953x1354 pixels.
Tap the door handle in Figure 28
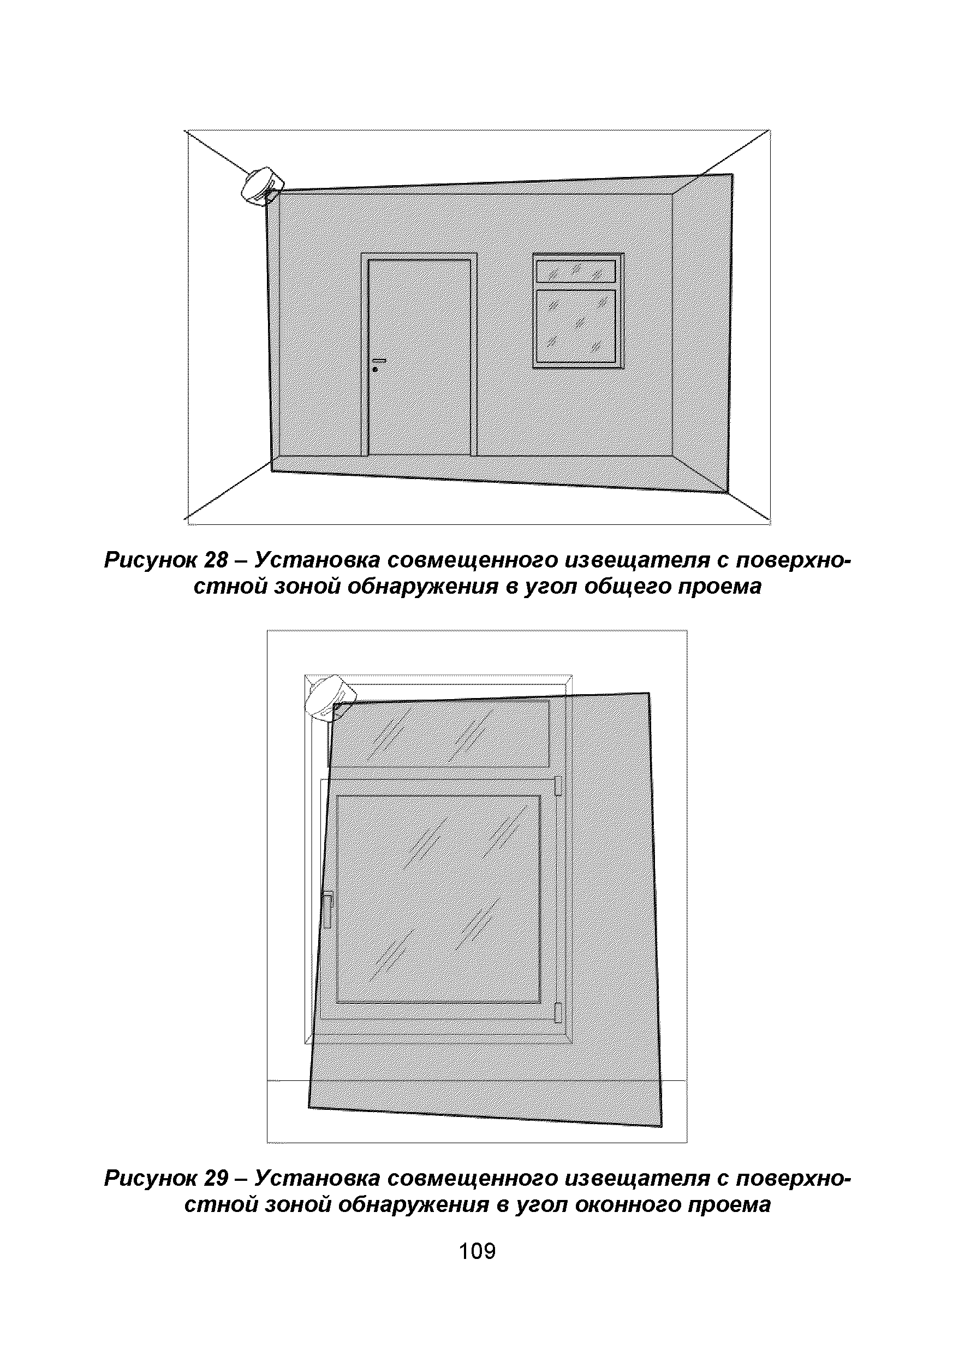point(379,360)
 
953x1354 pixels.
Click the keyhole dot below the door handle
point(375,370)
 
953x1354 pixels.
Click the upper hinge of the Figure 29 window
point(557,787)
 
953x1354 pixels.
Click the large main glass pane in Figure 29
point(438,900)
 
